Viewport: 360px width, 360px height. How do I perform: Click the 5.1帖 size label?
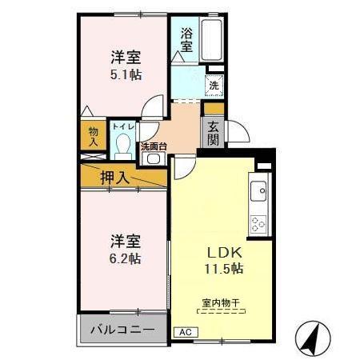126,73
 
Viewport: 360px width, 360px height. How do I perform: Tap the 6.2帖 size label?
126,258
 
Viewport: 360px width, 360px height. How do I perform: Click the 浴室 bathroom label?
186,39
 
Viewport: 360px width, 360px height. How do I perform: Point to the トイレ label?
122,126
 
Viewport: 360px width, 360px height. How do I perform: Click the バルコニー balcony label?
122,329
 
